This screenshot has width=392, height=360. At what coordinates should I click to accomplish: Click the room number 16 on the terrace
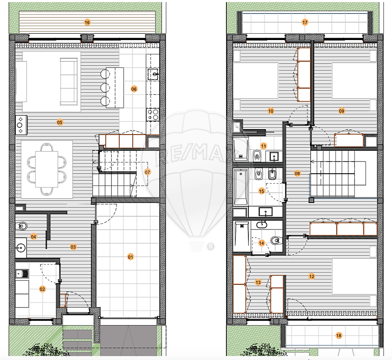click(x=87, y=22)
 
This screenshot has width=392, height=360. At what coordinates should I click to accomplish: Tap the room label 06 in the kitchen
click(x=134, y=89)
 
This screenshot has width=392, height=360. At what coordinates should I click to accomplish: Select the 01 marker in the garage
click(x=131, y=257)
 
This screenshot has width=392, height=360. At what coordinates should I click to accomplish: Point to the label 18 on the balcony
click(x=339, y=336)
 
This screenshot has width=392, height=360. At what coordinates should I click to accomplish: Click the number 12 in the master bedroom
click(x=311, y=276)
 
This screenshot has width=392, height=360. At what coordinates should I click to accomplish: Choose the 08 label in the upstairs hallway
click(x=297, y=173)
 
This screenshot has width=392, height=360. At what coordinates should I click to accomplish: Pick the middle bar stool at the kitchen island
click(x=105, y=87)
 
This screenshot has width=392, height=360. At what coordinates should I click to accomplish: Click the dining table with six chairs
click(x=47, y=169)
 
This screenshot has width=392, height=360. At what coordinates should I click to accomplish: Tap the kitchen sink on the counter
click(x=153, y=74)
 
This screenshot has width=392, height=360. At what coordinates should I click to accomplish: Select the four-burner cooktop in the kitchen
click(x=153, y=115)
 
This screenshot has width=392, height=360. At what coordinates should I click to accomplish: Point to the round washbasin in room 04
click(x=21, y=248)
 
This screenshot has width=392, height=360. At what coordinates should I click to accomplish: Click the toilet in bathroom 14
click(x=275, y=240)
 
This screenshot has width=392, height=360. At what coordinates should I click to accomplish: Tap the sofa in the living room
click(x=68, y=82)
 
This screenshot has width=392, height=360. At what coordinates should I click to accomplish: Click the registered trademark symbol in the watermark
click(x=211, y=247)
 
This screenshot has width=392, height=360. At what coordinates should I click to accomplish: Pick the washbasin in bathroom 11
click(x=274, y=157)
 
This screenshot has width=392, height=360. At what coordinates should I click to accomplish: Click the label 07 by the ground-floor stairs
click(x=148, y=172)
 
